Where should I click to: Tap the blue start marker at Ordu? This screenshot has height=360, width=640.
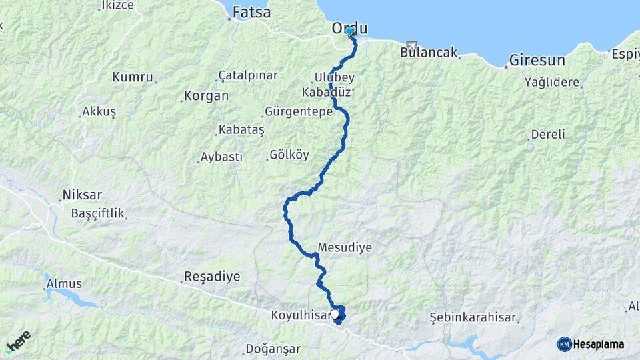[x=349, y=31]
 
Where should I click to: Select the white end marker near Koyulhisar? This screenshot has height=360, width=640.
[x=335, y=313]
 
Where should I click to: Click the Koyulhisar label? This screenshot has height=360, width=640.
[x=300, y=315]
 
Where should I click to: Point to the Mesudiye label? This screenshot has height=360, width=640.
[x=345, y=247]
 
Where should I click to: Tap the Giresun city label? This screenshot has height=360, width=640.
[x=537, y=61]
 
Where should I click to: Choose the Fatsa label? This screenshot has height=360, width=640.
[x=252, y=13]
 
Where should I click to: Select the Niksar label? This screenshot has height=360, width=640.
[x=81, y=195]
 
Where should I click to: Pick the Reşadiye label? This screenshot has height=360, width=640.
[x=211, y=276]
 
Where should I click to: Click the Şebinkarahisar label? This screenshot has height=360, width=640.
[x=473, y=317]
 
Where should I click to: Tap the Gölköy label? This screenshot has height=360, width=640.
[x=289, y=155]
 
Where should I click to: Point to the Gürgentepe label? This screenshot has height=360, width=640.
[x=298, y=112]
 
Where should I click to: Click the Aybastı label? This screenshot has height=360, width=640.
[x=222, y=157]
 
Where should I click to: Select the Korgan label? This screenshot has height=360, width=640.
[x=206, y=96]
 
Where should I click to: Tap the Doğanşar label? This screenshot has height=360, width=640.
[x=273, y=349]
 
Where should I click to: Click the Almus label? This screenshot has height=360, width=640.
[x=64, y=284]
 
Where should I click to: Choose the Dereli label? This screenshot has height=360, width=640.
[x=548, y=135]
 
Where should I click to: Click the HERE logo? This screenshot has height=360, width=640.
[x=18, y=341]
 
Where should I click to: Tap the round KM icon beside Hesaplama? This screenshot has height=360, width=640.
[x=564, y=344]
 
